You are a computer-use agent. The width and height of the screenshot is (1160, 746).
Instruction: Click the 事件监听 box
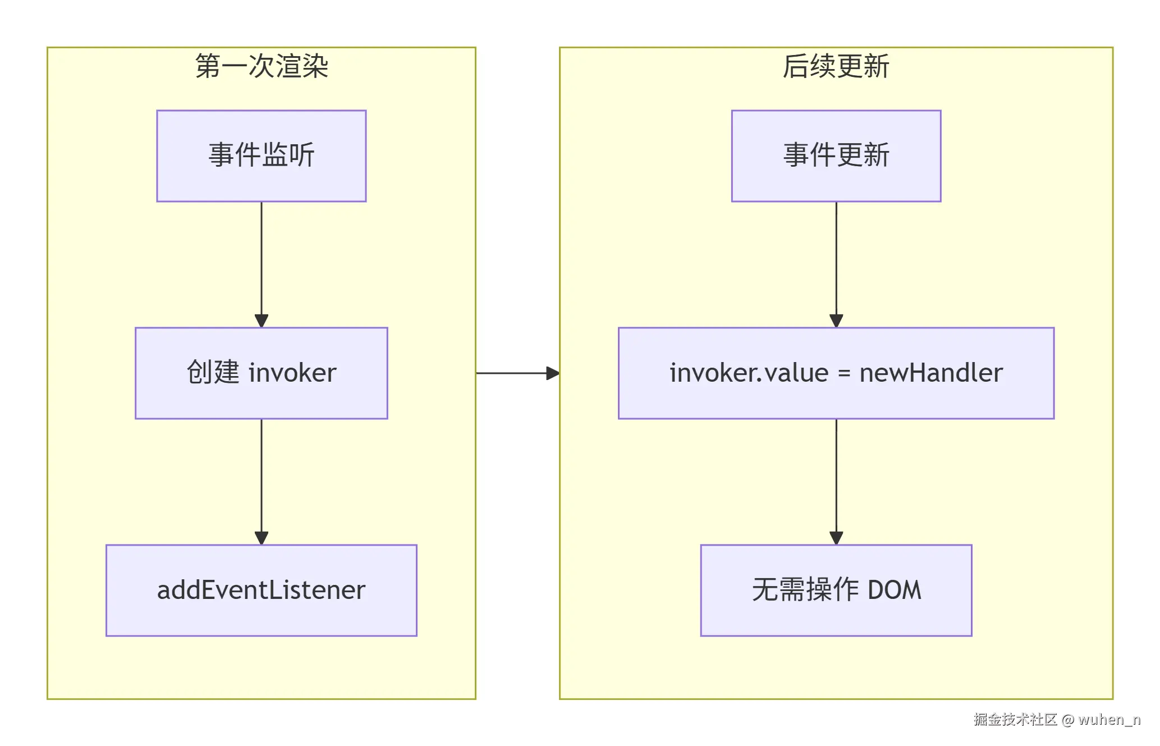(262, 155)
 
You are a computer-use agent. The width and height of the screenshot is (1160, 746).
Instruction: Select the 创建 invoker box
(262, 373)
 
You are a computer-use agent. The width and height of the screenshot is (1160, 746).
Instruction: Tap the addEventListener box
(262, 590)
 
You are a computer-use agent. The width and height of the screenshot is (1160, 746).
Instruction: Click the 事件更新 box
(836, 155)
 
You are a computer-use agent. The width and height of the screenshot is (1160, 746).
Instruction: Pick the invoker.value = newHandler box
(836, 373)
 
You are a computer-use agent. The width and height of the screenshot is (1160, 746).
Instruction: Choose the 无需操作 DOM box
(836, 590)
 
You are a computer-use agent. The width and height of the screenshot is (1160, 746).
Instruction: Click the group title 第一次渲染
(262, 66)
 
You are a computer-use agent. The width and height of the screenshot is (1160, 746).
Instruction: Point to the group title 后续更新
(836, 66)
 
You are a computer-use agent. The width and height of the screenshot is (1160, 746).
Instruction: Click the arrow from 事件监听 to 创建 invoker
(262, 264)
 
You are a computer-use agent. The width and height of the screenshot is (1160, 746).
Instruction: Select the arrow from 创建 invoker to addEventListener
(262, 481)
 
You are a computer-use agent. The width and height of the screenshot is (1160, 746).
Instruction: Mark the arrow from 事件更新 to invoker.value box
(836, 264)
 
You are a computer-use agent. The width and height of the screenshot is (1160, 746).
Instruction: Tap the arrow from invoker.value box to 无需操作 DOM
(836, 481)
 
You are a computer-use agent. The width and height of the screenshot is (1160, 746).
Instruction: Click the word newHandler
(931, 373)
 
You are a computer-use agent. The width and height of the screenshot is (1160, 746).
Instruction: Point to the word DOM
(895, 590)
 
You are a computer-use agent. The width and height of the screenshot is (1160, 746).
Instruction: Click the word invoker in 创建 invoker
(292, 373)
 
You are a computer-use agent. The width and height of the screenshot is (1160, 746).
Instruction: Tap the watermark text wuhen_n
(1109, 720)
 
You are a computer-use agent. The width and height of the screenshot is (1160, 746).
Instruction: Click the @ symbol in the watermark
(1068, 720)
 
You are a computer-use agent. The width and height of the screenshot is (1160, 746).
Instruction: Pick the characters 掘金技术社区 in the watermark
(1016, 720)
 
